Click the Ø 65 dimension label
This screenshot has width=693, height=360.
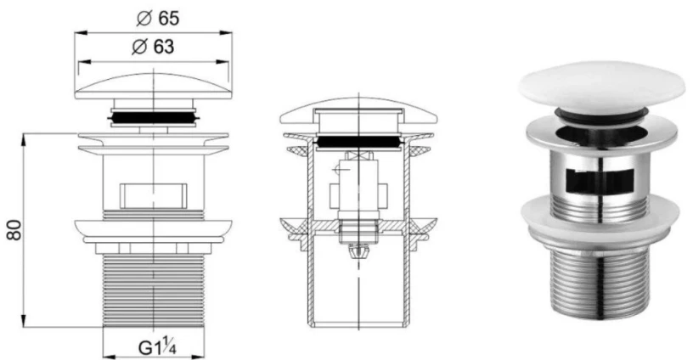[158, 18]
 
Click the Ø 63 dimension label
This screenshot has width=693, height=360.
[153, 47]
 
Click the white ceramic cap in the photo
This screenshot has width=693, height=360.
[601, 86]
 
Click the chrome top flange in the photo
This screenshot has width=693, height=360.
[601, 132]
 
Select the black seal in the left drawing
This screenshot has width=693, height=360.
[153, 117]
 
